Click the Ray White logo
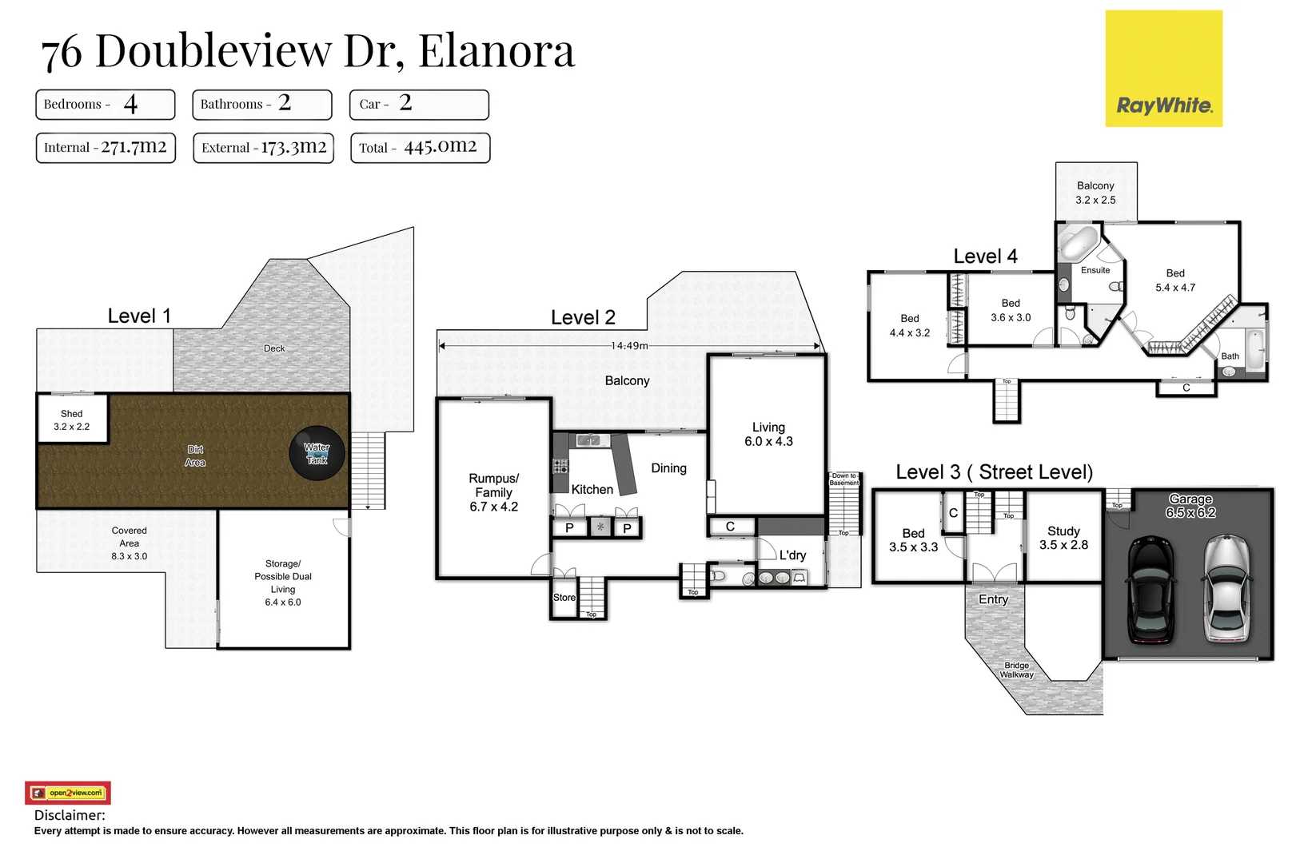[1163, 69]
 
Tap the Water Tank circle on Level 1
[317, 453]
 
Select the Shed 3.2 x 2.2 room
[72, 420]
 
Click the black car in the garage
[1150, 589]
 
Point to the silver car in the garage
[1226, 589]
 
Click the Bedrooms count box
[105, 104]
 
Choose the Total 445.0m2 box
[420, 147]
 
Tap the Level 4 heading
[985, 257]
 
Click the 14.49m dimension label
[629, 346]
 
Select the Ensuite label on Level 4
[1095, 270]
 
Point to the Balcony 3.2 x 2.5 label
[1095, 193]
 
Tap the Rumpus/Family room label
[493, 492]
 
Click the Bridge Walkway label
[1016, 670]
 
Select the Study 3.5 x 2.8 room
[1063, 538]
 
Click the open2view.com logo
[68, 793]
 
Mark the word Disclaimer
[70, 815]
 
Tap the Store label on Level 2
[564, 597]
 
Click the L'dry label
[792, 555]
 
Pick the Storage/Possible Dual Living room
[283, 583]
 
